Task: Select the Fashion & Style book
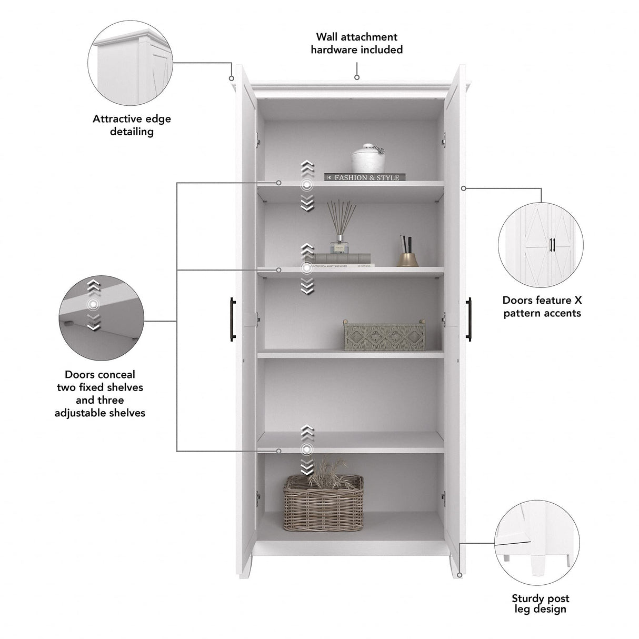pos(365,177)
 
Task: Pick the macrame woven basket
pos(384,336)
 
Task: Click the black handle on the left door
pos(232,319)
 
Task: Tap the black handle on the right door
pos(468,319)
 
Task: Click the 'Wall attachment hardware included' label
pos(356,43)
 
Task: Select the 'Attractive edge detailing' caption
pos(132,125)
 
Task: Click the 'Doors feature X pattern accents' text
pos(542,307)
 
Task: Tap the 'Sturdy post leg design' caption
pos(540,604)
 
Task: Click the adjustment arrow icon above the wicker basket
pos(306,450)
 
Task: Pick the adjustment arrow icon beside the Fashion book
pos(306,185)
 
